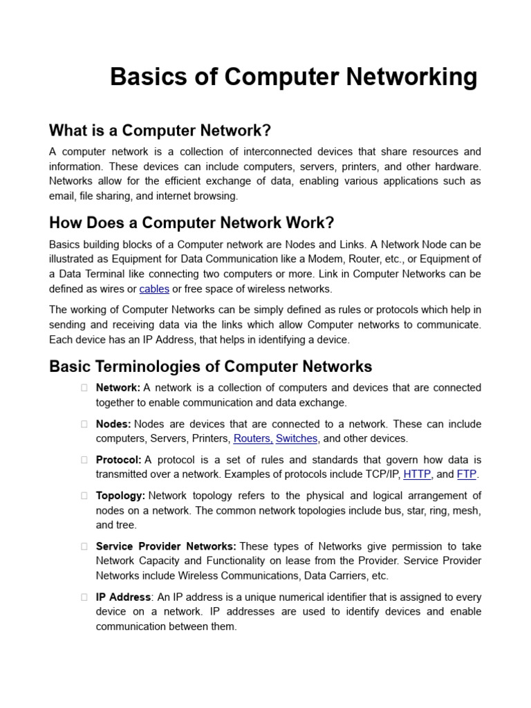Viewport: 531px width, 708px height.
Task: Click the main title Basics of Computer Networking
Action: (x=293, y=77)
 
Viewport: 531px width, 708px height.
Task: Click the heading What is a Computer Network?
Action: (x=160, y=131)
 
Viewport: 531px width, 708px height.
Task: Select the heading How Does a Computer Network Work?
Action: (x=192, y=223)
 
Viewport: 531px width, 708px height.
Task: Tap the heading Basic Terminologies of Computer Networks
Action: (x=210, y=366)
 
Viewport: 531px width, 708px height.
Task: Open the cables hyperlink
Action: (x=154, y=289)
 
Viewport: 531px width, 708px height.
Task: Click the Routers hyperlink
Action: (x=253, y=438)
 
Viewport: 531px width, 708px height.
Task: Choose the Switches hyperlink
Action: (x=297, y=438)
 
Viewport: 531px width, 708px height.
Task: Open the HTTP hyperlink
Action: (x=417, y=474)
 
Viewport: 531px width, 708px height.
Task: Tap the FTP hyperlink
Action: (x=467, y=474)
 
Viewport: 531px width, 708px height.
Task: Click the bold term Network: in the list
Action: (x=118, y=388)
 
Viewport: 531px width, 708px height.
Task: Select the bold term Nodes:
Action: (x=113, y=424)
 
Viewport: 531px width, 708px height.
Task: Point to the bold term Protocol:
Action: (x=119, y=460)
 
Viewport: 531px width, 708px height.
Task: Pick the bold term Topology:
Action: (x=120, y=496)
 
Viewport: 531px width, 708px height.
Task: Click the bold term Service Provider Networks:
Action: (x=166, y=546)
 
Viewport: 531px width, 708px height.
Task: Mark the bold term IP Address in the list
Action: (x=123, y=597)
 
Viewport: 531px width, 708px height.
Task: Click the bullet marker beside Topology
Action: (x=84, y=496)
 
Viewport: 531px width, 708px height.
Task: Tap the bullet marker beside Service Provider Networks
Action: (x=84, y=546)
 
